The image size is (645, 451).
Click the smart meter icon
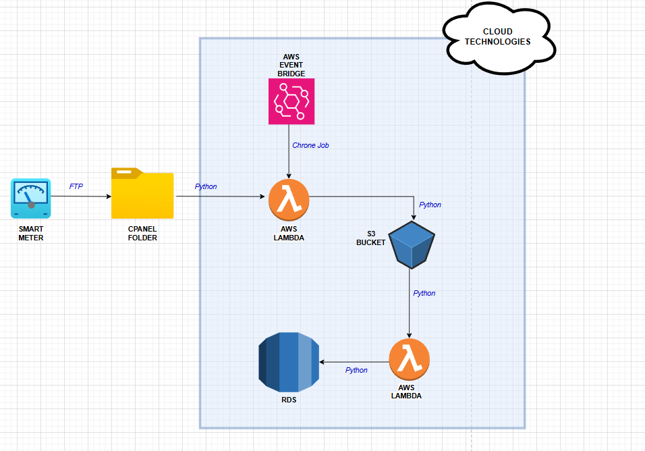click(30, 198)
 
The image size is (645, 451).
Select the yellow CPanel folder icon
click(142, 194)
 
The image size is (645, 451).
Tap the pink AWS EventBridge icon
click(291, 101)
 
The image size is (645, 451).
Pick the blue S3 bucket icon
click(411, 243)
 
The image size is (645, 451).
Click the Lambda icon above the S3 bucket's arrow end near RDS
click(409, 359)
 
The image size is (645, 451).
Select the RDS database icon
click(289, 363)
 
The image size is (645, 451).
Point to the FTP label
click(76, 186)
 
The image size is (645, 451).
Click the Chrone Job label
click(310, 145)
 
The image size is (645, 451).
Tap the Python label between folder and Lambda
click(206, 186)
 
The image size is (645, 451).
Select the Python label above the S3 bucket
click(430, 205)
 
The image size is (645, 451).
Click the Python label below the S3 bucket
click(424, 293)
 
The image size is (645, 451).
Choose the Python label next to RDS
click(356, 370)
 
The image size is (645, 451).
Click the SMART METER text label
click(31, 234)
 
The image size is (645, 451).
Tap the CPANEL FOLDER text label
click(142, 234)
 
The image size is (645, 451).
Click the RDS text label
click(289, 400)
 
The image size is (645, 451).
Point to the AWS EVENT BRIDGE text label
click(291, 65)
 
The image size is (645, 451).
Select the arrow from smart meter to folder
click(81, 196)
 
